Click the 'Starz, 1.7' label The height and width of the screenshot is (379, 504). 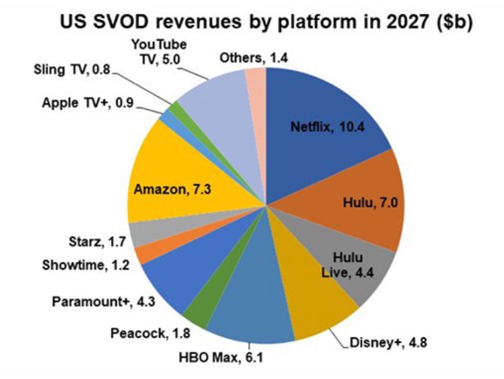[x=96, y=242]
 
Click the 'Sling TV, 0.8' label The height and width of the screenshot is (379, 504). [x=71, y=69]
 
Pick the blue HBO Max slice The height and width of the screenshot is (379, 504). [x=250, y=309]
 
